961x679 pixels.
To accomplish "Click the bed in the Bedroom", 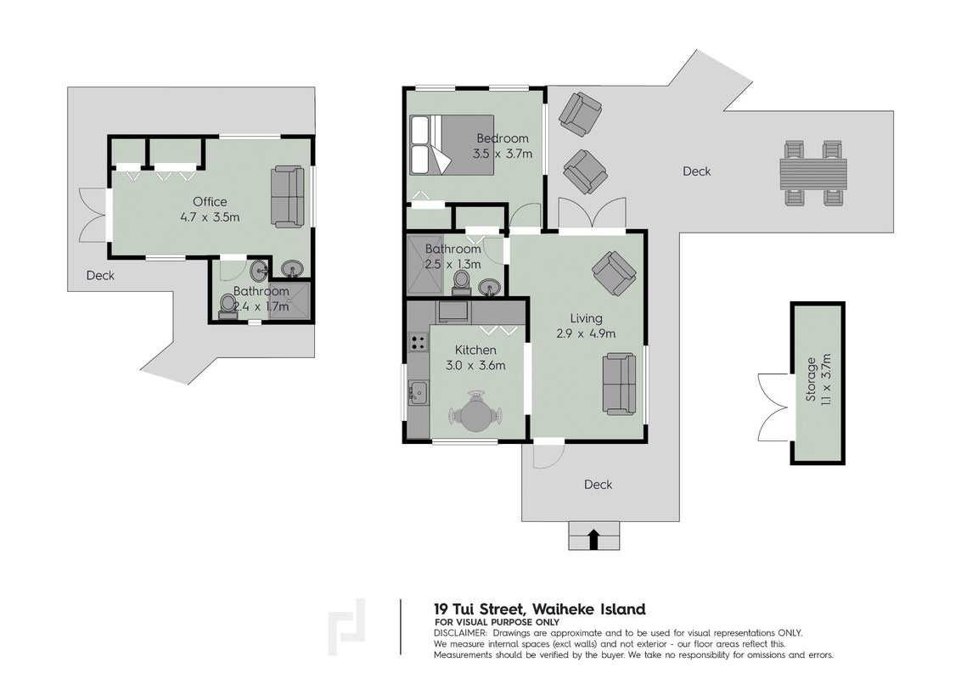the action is pyautogui.click(x=452, y=144).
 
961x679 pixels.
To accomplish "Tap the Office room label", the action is pyautogui.click(x=210, y=202).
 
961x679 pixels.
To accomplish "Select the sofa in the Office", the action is pyautogui.click(x=288, y=197).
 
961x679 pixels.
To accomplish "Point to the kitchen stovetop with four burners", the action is pyautogui.click(x=419, y=342).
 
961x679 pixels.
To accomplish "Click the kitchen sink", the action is pyautogui.click(x=419, y=391).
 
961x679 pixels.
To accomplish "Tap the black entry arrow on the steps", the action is pyautogui.click(x=593, y=539).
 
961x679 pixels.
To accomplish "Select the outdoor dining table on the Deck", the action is pyautogui.click(x=813, y=173).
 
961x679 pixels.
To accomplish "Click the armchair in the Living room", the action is pyautogui.click(x=614, y=273).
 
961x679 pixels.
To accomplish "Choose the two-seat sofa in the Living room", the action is pyautogui.click(x=620, y=384).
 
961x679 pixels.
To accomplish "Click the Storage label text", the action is pyautogui.click(x=811, y=379).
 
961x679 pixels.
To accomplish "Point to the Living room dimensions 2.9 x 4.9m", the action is pyautogui.click(x=586, y=334).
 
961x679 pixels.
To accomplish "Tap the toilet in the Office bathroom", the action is pyautogui.click(x=228, y=306).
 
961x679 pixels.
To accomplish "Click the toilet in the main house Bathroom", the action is pyautogui.click(x=461, y=283).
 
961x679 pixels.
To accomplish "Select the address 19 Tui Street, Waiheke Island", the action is pyautogui.click(x=539, y=609).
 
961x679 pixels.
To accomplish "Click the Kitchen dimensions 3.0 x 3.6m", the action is pyautogui.click(x=475, y=366).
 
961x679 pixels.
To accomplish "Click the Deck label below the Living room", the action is pyautogui.click(x=599, y=485).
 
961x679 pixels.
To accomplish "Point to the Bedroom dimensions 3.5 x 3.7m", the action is pyautogui.click(x=503, y=154).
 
